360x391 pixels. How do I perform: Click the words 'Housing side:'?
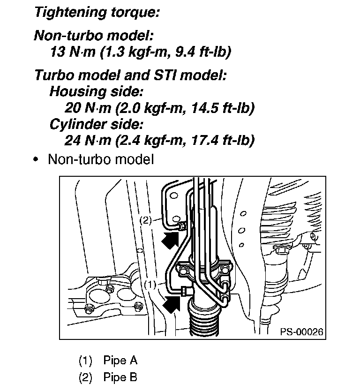(x=96, y=91)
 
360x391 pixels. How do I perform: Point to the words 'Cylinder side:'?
(x=97, y=125)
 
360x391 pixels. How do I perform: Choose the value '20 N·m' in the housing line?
(x=89, y=108)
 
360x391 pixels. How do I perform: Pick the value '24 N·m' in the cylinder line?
(x=89, y=140)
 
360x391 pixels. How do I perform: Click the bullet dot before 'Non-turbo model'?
(x=36, y=159)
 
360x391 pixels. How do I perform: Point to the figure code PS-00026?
(x=302, y=332)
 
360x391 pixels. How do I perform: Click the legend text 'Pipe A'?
(x=120, y=360)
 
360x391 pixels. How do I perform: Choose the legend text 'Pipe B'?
(x=120, y=377)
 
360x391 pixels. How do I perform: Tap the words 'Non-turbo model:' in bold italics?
(x=94, y=36)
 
